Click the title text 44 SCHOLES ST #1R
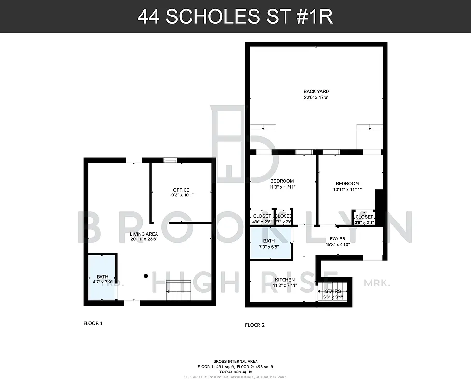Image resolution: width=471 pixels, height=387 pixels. [x=235, y=16]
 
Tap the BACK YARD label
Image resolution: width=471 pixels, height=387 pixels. [x=316, y=91]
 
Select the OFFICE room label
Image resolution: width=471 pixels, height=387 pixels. [x=181, y=190]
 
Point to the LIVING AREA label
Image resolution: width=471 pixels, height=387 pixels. [x=144, y=234]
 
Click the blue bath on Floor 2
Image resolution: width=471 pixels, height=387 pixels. [x=271, y=244]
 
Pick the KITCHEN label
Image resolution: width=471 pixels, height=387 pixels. [x=285, y=280]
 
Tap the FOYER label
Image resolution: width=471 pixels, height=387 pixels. [x=337, y=238]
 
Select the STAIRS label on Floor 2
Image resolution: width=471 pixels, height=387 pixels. [x=333, y=291]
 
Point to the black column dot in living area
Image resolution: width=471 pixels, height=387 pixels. [x=146, y=276]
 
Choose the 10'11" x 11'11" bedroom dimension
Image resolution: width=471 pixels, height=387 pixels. [x=347, y=190]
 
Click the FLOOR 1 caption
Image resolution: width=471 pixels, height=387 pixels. [x=93, y=323]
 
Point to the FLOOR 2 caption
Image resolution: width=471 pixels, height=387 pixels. [x=255, y=325]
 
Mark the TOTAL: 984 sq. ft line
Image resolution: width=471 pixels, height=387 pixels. [x=235, y=372]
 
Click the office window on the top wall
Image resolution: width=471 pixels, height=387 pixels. [x=170, y=160]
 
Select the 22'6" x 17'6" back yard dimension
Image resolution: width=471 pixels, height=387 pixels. [x=316, y=97]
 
